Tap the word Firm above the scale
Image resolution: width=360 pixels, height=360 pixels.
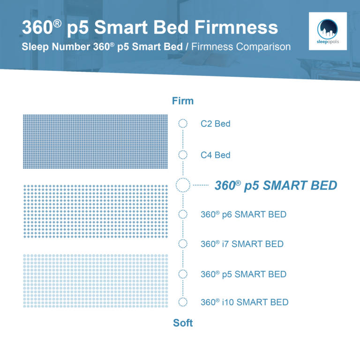183,101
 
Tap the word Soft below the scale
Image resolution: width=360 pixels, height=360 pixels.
183,323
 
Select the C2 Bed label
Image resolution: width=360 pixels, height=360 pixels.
216,124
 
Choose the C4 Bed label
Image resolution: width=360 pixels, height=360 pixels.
216,155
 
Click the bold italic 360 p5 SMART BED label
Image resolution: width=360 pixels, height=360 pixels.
276,185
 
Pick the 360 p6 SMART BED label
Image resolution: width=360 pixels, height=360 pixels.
243,215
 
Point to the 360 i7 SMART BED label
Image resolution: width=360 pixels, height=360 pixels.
242,244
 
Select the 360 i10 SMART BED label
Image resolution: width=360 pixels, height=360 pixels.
244,302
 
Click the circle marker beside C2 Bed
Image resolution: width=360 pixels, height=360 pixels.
183,124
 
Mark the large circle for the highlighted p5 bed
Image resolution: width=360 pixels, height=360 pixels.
183,185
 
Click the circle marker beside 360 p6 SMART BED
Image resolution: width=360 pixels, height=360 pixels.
183,214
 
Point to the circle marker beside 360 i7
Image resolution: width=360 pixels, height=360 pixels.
183,243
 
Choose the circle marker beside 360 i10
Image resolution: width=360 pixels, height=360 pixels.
183,302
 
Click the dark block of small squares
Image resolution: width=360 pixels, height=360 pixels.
95,141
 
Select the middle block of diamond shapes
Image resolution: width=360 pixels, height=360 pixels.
95,211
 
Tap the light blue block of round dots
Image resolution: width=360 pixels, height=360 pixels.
95,281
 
